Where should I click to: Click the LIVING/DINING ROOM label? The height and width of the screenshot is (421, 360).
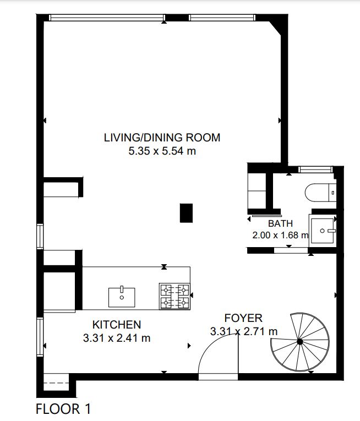[162, 138]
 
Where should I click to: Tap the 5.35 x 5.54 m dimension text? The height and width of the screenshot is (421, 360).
[162, 151]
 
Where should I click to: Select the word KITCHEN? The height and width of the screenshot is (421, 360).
[117, 325]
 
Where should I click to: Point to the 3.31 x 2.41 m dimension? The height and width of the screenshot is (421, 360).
[117, 338]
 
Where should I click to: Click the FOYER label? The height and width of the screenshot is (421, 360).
[243, 318]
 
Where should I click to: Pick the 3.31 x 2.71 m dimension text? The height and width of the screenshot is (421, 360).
[244, 331]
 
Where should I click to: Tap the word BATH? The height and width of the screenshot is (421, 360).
[281, 223]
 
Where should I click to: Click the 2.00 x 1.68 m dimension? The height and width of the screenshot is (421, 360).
[281, 235]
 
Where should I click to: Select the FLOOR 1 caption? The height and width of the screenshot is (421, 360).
[63, 409]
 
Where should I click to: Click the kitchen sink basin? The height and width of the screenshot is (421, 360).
[122, 297]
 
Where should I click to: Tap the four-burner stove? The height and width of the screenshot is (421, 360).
[174, 296]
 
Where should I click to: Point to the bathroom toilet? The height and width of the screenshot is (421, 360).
[320, 193]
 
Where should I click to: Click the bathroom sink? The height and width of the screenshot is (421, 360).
[323, 231]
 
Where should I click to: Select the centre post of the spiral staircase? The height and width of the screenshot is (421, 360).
[300, 342]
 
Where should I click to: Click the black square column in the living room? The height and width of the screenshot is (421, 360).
[186, 213]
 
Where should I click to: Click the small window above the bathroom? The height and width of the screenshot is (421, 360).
[315, 170]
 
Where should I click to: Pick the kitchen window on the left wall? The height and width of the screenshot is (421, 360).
[40, 337]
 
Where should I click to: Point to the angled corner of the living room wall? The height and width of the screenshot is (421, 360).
[275, 28]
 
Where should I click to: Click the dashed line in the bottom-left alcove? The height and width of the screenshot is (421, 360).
[56, 382]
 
